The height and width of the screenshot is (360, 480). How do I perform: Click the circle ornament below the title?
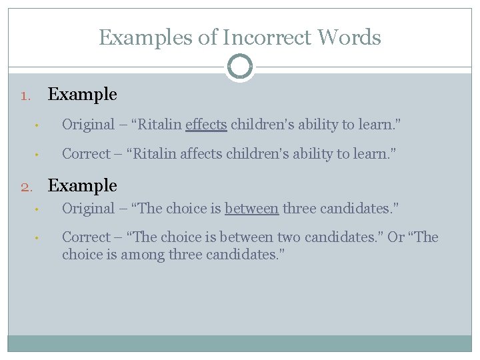click(239, 67)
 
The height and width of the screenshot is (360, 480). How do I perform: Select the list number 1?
click(25, 95)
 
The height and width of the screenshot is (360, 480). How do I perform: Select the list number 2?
click(25, 187)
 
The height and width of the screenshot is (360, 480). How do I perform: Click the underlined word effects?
click(206, 125)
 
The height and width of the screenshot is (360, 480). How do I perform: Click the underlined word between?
click(251, 209)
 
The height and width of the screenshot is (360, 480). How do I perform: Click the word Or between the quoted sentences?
click(396, 237)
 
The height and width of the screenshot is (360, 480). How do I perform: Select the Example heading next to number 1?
click(83, 95)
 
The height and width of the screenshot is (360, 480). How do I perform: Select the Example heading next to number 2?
click(83, 186)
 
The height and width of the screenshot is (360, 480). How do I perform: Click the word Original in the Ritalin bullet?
click(88, 125)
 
